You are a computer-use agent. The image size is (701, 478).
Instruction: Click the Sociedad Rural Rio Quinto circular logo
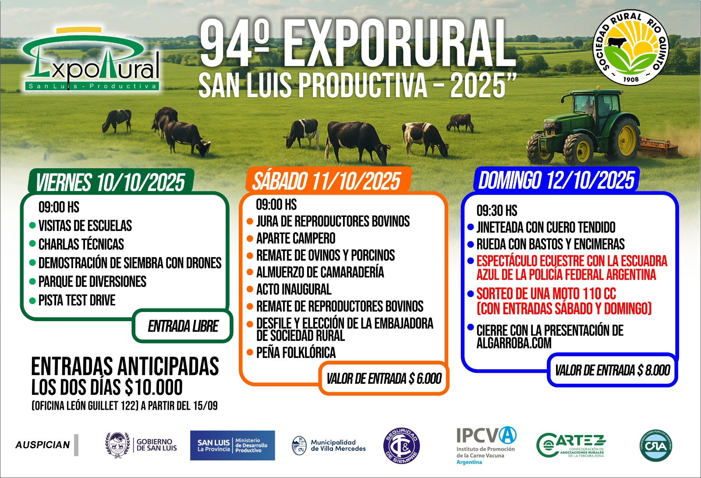coord(630,47)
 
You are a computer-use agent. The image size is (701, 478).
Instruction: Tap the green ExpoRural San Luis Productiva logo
coord(91,59)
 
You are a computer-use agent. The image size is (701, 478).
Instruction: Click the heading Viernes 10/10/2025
coord(110,182)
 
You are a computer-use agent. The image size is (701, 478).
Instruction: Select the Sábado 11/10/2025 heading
coord(326,181)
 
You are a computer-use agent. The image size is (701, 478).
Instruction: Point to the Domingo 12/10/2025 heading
coord(556,180)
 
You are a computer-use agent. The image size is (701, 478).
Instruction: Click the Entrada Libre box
coord(183,326)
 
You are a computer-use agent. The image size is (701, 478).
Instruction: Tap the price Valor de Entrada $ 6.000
coord(384,379)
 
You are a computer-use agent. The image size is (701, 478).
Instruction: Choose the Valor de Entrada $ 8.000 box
coord(612,370)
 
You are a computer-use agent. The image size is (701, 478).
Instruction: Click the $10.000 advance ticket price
coord(154,387)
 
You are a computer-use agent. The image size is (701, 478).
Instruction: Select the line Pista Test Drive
coord(77,300)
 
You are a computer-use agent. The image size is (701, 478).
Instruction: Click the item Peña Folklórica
coord(296,352)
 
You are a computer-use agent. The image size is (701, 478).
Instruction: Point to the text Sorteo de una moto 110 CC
coord(546,294)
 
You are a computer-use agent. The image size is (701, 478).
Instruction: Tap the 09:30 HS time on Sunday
coord(497,210)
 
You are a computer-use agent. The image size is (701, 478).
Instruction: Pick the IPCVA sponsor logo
coord(486,445)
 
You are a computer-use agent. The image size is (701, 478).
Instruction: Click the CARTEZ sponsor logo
coord(571,445)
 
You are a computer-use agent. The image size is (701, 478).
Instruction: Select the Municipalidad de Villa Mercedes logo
coord(329,445)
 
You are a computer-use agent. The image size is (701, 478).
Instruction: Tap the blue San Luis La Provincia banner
coord(233,445)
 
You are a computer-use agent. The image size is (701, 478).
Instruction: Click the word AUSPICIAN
coord(42,445)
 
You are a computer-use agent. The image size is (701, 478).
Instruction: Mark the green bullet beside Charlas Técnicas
coord(32,244)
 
